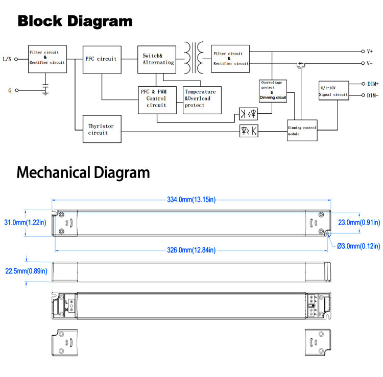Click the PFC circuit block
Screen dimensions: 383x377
pyautogui.click(x=102, y=60)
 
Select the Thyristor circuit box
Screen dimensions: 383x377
pyautogui.click(x=102, y=129)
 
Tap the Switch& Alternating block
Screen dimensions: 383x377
pyautogui.click(x=157, y=60)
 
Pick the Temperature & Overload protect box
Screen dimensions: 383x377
pyautogui.click(x=202, y=100)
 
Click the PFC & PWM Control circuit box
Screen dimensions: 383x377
pyautogui.click(x=157, y=100)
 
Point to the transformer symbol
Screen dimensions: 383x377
pyautogui.click(x=194, y=58)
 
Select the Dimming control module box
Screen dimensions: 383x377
pyautogui.click(x=302, y=130)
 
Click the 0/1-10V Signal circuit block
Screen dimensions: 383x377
pyautogui.click(x=333, y=90)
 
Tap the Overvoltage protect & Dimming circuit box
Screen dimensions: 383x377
pyautogui.click(x=273, y=91)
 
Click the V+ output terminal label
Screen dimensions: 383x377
pyautogui.click(x=370, y=52)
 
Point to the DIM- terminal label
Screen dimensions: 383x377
pyautogui.click(x=372, y=95)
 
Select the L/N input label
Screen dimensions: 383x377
pyautogui.click(x=7, y=59)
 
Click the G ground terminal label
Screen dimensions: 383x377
pyautogui.click(x=10, y=90)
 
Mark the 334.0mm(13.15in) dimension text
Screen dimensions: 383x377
pyautogui.click(x=192, y=199)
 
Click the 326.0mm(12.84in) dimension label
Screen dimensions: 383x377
pyautogui.click(x=192, y=250)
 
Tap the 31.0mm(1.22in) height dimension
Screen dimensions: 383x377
pyautogui.click(x=25, y=222)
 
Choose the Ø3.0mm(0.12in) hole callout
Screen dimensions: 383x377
pyautogui.click(x=358, y=246)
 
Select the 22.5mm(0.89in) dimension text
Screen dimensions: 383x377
pyautogui.click(x=27, y=271)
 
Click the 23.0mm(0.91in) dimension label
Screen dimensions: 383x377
pyautogui.click(x=359, y=222)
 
